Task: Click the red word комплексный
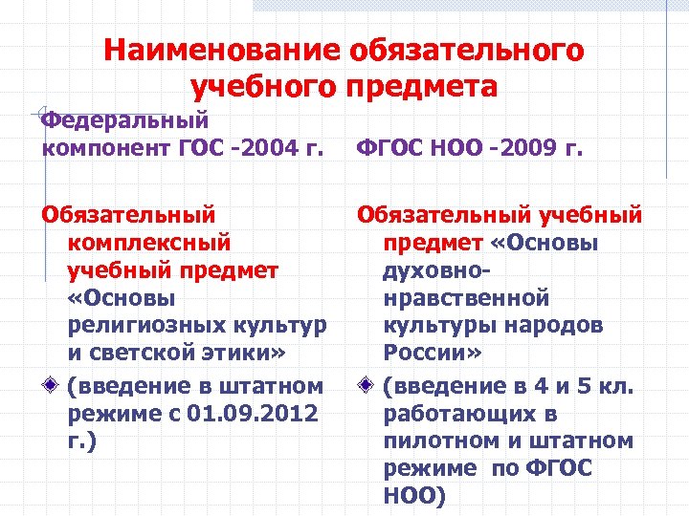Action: click(x=150, y=244)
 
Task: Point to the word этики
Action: click(x=243, y=355)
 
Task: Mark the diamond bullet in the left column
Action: click(x=49, y=386)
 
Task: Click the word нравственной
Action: click(x=467, y=299)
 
